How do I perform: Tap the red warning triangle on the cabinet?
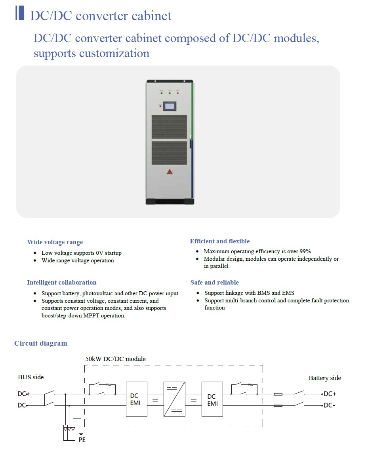point(170,172)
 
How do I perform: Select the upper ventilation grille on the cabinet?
point(169,127)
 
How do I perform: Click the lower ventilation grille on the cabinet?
point(169,153)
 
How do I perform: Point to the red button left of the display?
point(160,105)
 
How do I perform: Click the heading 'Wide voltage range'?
point(55,242)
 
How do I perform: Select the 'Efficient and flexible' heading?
point(220,241)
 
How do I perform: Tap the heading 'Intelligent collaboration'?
point(62,283)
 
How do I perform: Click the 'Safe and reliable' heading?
point(214,283)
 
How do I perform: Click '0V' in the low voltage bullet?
point(99,253)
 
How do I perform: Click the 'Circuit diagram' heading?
point(41,343)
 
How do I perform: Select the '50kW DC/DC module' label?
point(116,359)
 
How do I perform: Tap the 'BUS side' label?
point(31,377)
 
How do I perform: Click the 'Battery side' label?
point(325,378)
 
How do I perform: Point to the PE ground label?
point(82,440)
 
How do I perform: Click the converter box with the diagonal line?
point(174,399)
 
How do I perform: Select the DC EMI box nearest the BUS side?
point(136,399)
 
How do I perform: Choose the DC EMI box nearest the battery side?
point(212,399)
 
